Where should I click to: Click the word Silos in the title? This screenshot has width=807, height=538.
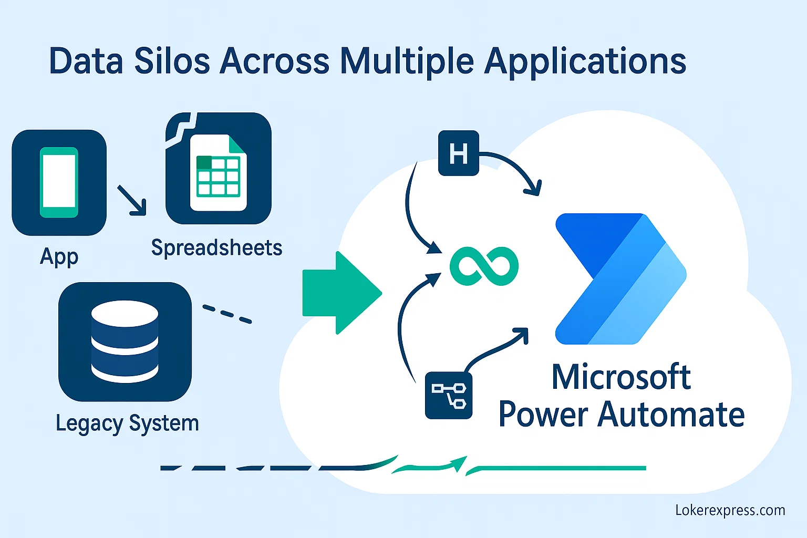[x=172, y=61]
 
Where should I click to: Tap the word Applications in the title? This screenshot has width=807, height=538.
[x=585, y=62]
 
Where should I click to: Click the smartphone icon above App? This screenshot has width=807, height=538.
[x=59, y=182]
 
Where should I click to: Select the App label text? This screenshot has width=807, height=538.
[x=59, y=257]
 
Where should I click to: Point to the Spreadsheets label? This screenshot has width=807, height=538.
[x=216, y=247]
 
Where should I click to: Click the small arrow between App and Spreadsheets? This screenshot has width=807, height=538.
[x=132, y=200]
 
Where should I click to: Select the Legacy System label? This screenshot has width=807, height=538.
[x=127, y=423]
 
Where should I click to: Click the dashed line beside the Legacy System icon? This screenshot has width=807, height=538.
[x=227, y=314]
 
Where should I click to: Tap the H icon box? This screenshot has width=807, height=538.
[x=458, y=153]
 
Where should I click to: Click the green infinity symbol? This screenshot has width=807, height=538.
[x=484, y=266]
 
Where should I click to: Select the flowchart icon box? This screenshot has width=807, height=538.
[x=448, y=395]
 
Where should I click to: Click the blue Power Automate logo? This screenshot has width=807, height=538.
[x=620, y=278]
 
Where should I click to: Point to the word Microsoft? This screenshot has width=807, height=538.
[x=620, y=377]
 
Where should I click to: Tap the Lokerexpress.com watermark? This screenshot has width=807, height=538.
[x=730, y=510]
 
